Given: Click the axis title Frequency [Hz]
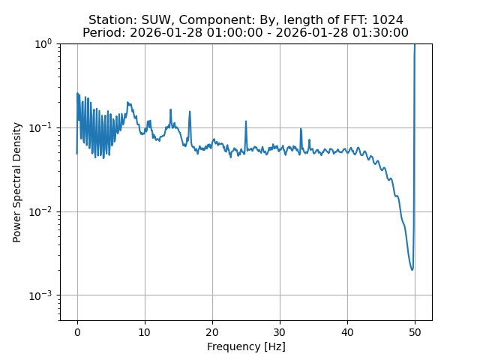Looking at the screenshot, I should click(246, 346).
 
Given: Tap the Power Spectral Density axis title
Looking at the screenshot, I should click(17, 182).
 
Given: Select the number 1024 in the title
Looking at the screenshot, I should click(387, 20).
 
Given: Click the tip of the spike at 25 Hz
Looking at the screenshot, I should click(246, 121).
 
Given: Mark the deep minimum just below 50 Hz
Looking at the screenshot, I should click(412, 269).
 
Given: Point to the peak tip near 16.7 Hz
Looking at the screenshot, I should click(190, 112).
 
